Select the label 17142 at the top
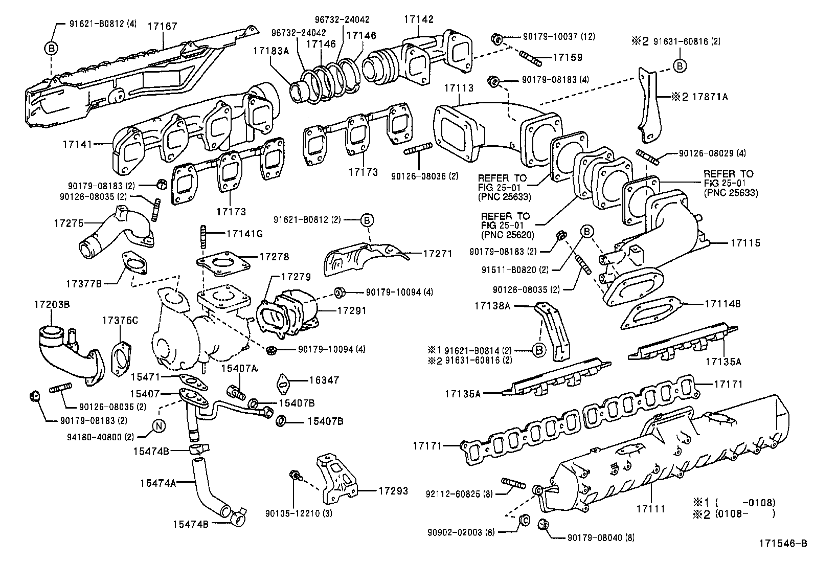[x=418, y=19]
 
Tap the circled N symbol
[x=159, y=426]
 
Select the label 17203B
[x=52, y=304]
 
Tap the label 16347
[x=324, y=380]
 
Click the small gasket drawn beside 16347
[x=283, y=382]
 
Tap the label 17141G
[x=244, y=234]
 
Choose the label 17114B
[x=722, y=303]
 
